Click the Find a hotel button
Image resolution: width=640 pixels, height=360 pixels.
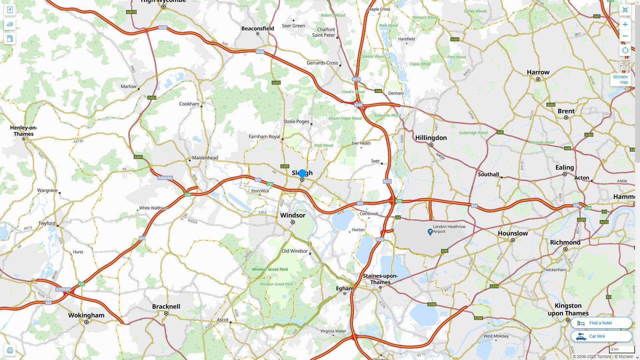click(601, 323)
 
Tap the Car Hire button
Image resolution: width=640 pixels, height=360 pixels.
click(601, 336)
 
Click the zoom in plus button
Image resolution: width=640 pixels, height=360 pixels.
click(625, 24)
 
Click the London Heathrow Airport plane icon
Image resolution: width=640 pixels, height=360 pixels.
click(430, 231)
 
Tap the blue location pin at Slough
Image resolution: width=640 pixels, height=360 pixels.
click(302, 173)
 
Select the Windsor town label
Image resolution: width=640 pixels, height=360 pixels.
click(293, 215)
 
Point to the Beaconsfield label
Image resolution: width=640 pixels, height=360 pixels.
click(258, 29)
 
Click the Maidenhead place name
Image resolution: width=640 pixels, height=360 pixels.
click(205, 158)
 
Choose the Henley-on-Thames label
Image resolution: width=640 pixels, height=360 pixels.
click(24, 131)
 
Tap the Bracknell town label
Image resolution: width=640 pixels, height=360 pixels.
click(166, 307)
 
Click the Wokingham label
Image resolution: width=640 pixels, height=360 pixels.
click(86, 315)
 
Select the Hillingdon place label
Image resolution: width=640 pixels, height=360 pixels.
click(431, 138)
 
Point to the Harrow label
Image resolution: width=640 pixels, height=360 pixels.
click(538, 72)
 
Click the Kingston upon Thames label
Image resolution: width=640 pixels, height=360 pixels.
click(568, 309)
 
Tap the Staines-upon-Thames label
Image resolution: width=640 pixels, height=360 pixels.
click(380, 279)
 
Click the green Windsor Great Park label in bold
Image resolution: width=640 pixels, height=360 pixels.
click(270, 269)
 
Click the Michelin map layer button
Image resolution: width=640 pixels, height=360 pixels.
click(620, 79)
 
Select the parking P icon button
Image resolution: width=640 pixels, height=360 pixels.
click(10, 10)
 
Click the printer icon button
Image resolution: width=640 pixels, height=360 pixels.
click(10, 350)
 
